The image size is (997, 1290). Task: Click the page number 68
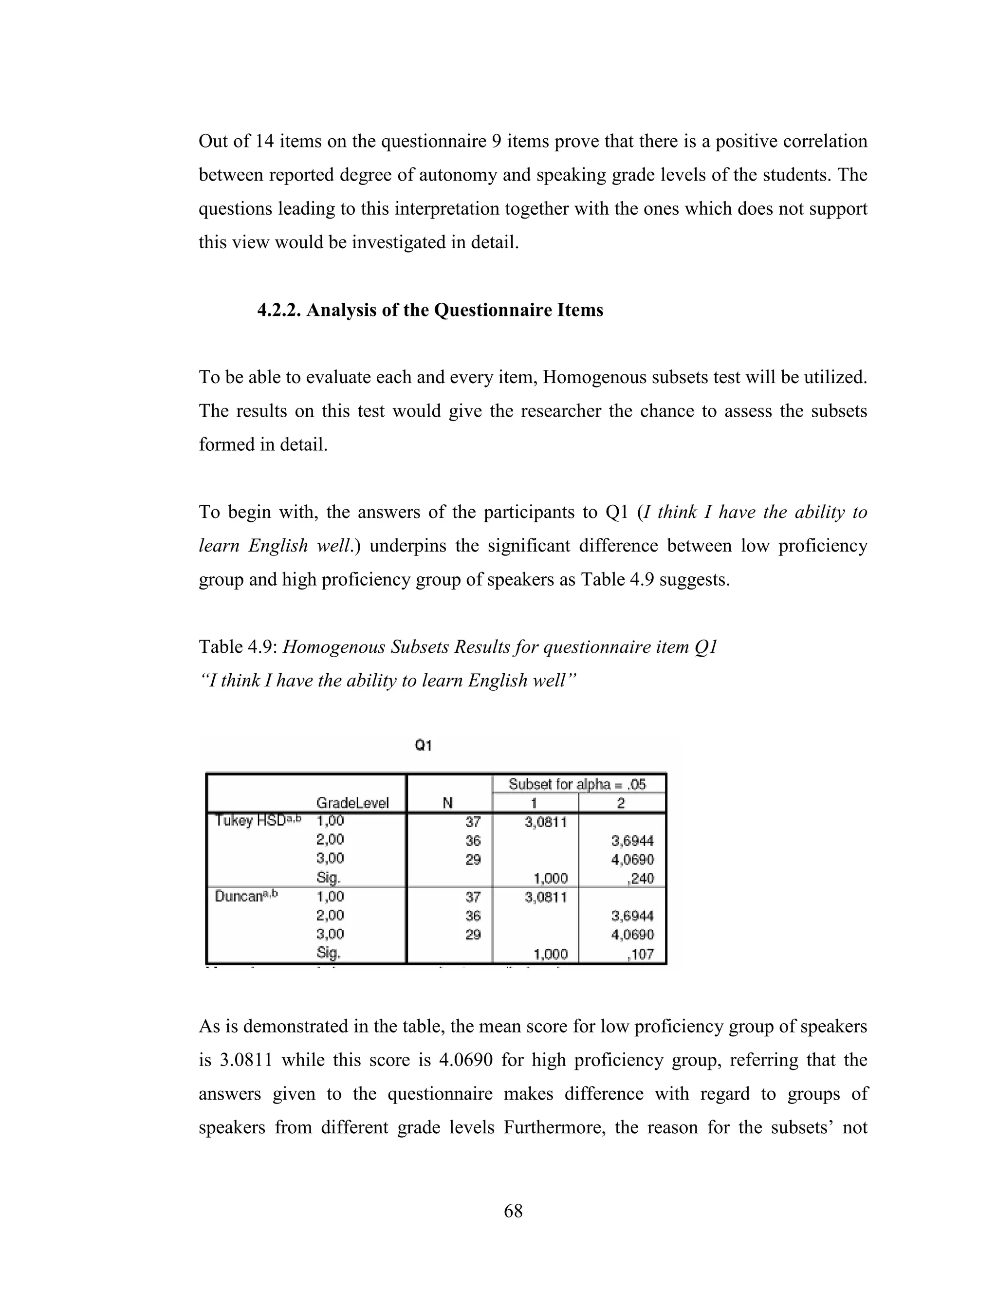(513, 1211)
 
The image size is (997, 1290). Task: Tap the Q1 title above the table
(424, 745)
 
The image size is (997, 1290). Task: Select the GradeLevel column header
(352, 803)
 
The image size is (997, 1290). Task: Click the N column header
(448, 803)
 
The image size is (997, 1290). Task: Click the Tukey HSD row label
(258, 820)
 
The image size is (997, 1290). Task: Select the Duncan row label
(246, 896)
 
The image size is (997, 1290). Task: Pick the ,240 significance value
(640, 878)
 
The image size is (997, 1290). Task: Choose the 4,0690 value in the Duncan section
(632, 935)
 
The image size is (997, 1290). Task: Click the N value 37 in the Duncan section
(473, 897)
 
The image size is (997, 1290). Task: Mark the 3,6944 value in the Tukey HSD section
(632, 841)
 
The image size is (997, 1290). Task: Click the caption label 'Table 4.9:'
(238, 647)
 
